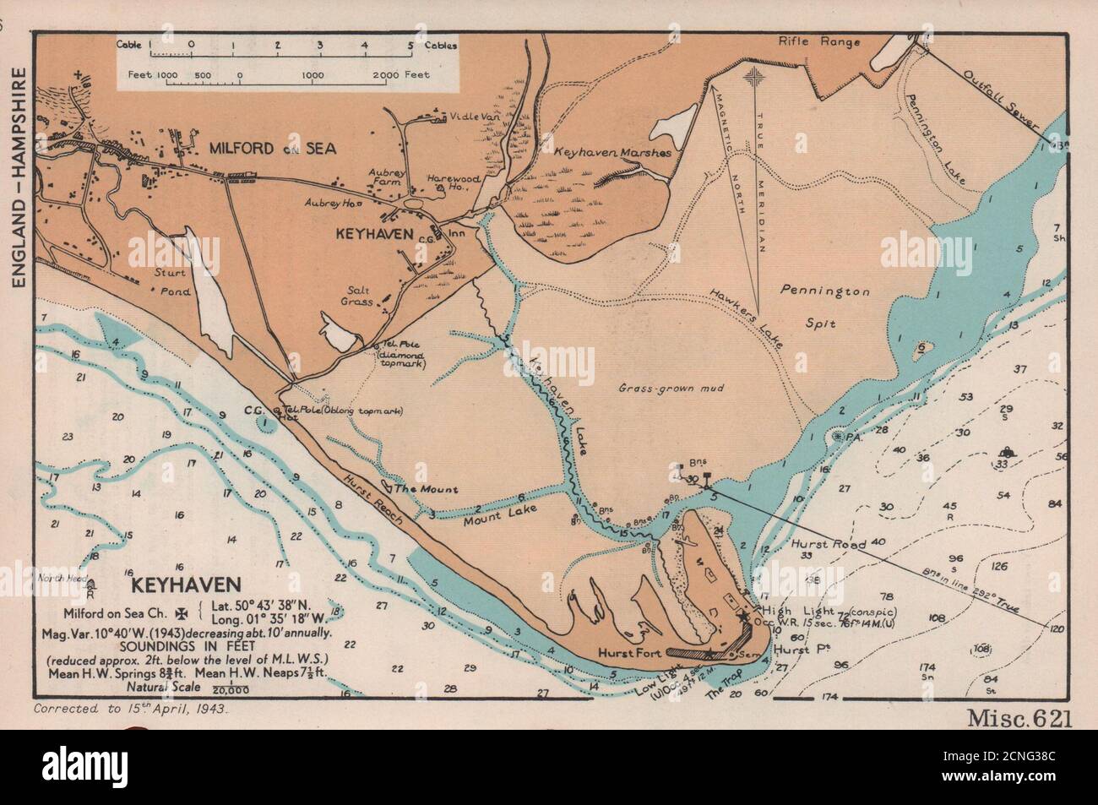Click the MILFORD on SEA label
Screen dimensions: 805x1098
pos(259,149)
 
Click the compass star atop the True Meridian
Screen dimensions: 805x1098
pos(754,79)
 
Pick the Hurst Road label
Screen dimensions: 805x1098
pos(829,545)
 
